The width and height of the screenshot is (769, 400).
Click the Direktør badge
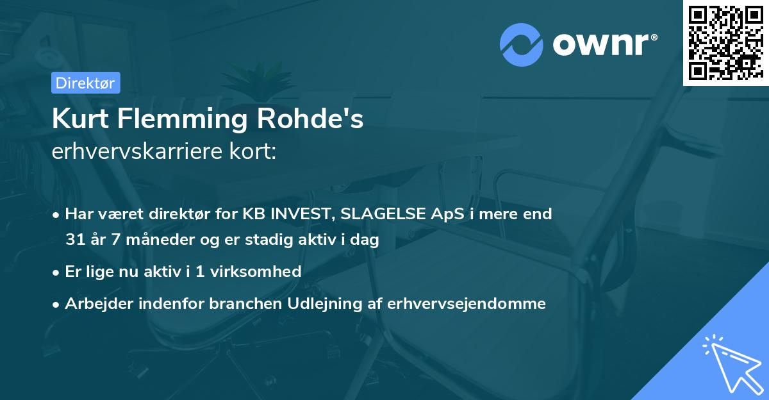coord(85,83)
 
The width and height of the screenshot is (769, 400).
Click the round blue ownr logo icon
coord(522,44)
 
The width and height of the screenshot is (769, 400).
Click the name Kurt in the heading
coord(79,119)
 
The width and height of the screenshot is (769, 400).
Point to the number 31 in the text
coord(74,240)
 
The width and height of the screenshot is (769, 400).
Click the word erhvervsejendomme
coord(467,304)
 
